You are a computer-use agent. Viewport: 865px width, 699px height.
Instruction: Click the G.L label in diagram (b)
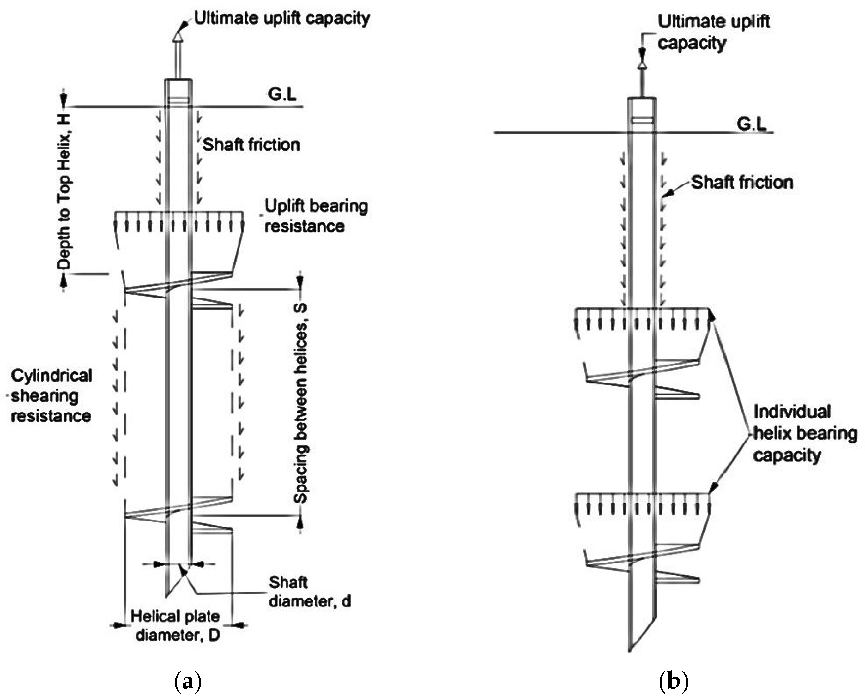752,124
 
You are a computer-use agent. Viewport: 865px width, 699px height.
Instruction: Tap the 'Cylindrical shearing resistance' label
51,395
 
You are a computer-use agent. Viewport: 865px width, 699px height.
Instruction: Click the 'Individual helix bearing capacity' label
805,433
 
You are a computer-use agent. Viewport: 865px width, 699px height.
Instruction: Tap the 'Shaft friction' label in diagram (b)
742,182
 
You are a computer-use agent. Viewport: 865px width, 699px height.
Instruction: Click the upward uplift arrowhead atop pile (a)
178,37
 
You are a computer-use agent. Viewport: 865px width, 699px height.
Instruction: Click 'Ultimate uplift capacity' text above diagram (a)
282,18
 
